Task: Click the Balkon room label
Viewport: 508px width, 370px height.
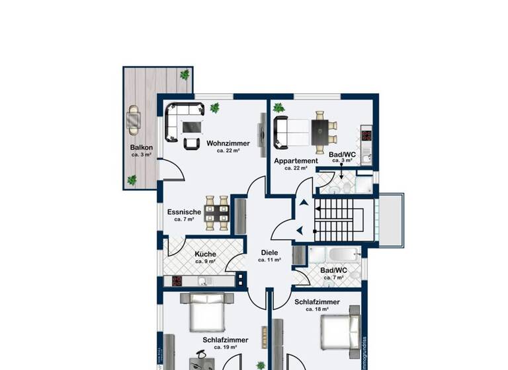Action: (x=142, y=147)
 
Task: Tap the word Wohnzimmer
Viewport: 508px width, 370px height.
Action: (x=228, y=143)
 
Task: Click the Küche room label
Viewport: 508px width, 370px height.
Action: (x=206, y=254)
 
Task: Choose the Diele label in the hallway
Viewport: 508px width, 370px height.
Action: (x=269, y=252)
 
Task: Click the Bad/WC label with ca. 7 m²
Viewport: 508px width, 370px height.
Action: (x=333, y=270)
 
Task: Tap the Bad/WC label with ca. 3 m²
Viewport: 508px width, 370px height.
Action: (x=342, y=155)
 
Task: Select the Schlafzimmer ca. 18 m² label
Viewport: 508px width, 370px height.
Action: (x=317, y=302)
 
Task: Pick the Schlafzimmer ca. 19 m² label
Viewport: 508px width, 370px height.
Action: (x=226, y=340)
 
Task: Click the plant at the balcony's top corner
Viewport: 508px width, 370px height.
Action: (x=185, y=75)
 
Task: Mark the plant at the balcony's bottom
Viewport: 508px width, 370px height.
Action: (x=132, y=179)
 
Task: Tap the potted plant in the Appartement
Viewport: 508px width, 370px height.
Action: (x=278, y=107)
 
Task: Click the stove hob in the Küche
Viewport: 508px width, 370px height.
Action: (x=177, y=281)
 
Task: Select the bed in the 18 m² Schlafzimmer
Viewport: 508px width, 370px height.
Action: (x=341, y=330)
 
